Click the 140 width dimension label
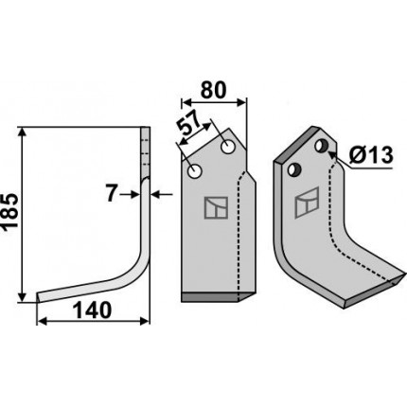[93, 310]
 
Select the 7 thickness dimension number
[111, 194]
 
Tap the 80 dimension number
[214, 90]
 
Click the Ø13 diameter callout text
[371, 155]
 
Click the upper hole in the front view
[228, 147]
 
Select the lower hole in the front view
[195, 171]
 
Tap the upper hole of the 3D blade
[322, 146]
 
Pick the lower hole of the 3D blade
[294, 170]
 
